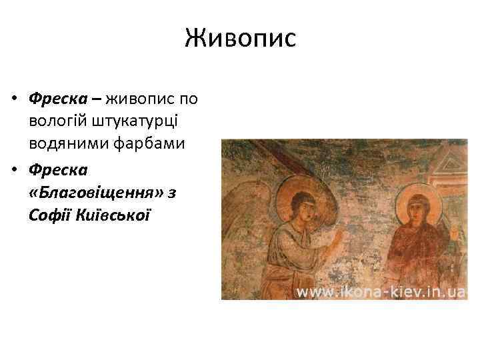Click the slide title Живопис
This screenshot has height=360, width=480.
240,38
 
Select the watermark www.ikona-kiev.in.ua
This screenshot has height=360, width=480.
381,291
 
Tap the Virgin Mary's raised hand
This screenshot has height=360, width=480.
455,233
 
